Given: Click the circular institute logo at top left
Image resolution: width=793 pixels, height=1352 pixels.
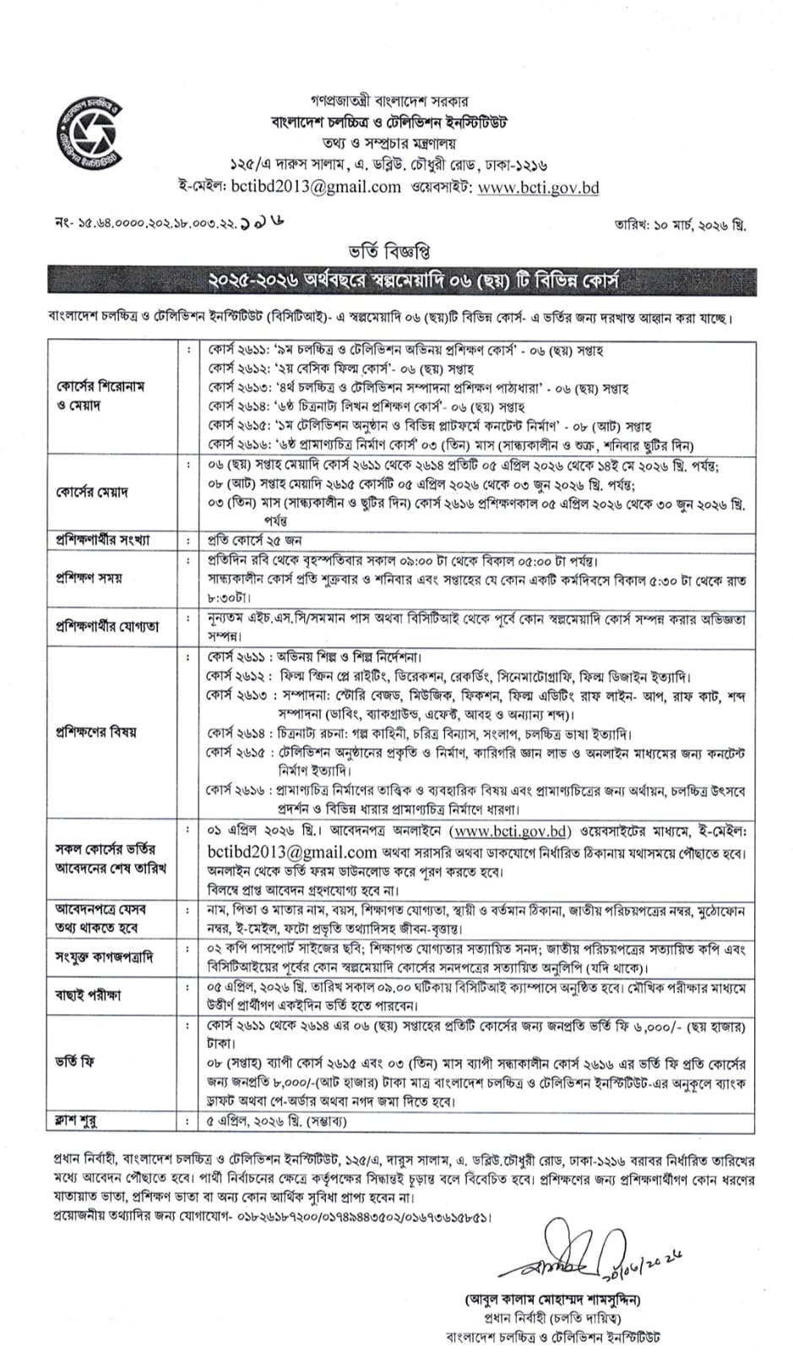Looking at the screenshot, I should coord(88,135).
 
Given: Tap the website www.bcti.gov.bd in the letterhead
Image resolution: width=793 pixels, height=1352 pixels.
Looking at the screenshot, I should coord(538,187).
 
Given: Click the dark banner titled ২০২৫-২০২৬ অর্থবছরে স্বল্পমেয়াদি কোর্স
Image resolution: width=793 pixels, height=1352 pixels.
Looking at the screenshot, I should coord(401,280).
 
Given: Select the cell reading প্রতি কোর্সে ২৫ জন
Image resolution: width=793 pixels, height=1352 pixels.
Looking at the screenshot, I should coord(255,540).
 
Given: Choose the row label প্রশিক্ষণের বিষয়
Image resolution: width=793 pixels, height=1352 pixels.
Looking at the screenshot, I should coord(95,732).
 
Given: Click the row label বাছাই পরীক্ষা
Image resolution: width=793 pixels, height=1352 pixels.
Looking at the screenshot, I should coord(88,995).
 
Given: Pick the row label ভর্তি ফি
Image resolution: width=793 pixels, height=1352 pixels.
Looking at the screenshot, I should coord(75,1063).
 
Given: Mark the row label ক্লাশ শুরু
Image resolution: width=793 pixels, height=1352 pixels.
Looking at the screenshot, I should coord(75,1121).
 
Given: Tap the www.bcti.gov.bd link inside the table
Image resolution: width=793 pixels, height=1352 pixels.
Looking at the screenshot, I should coord(510,831).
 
